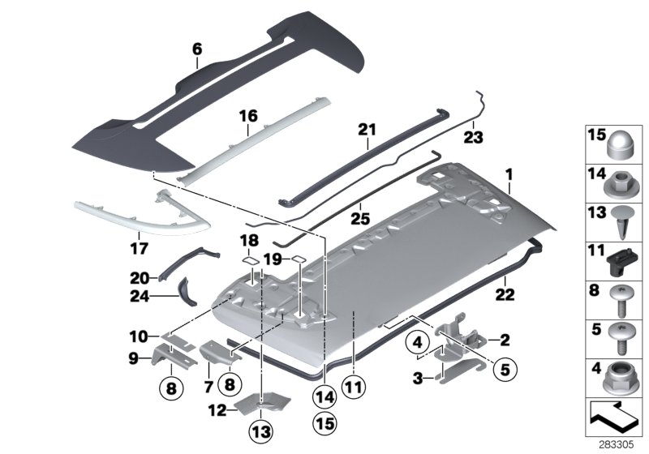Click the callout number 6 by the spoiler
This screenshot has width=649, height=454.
point(196,49)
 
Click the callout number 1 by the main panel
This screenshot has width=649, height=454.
point(509,173)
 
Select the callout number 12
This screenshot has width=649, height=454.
point(217,410)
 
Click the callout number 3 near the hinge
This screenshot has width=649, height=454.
point(419,378)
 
